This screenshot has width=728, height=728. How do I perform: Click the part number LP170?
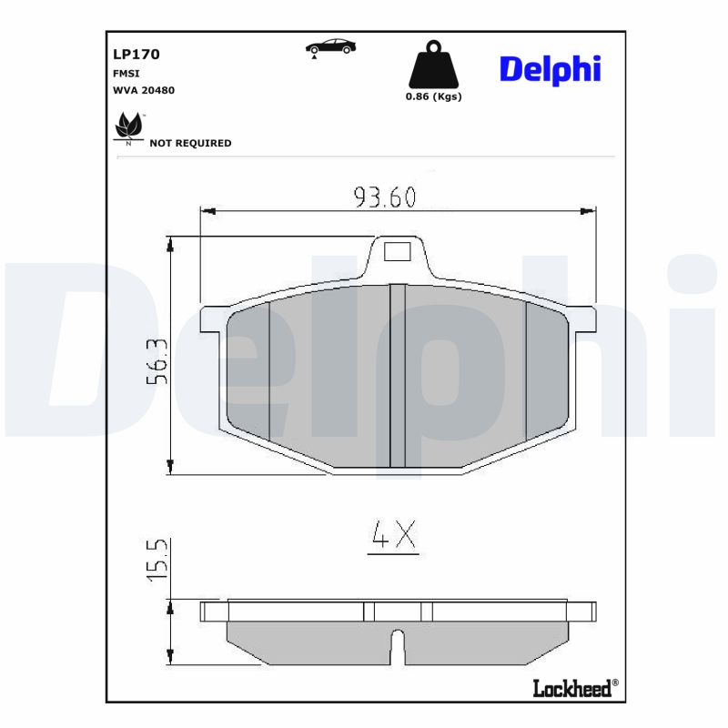click(136, 55)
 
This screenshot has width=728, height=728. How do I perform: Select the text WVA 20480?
click(143, 90)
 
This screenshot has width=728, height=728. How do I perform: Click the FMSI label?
click(126, 73)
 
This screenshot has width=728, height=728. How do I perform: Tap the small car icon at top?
click(330, 47)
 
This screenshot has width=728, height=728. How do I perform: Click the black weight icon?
click(433, 66)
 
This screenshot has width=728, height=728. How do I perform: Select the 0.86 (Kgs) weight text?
click(433, 96)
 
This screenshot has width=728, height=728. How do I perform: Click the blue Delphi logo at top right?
click(550, 68)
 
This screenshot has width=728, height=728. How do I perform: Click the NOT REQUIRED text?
click(190, 143)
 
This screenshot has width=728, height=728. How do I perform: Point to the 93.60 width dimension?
click(384, 197)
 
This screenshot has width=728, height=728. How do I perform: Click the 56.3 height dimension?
click(156, 360)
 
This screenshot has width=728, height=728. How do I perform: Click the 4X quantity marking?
click(392, 537)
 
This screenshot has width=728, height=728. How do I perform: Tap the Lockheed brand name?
click(573, 689)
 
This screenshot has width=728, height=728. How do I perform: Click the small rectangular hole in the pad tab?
click(397, 251)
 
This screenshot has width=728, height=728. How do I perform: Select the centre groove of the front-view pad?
click(397, 375)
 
